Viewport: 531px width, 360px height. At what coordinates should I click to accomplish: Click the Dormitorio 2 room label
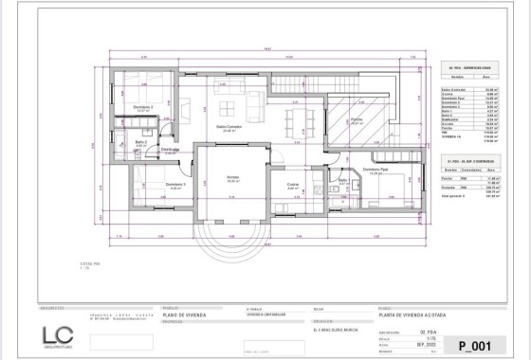(x=143, y=107)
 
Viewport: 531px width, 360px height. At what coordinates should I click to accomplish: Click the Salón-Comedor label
(x=229, y=127)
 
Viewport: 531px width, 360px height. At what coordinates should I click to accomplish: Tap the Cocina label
(x=293, y=186)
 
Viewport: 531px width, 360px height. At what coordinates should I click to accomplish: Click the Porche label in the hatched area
(x=357, y=120)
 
